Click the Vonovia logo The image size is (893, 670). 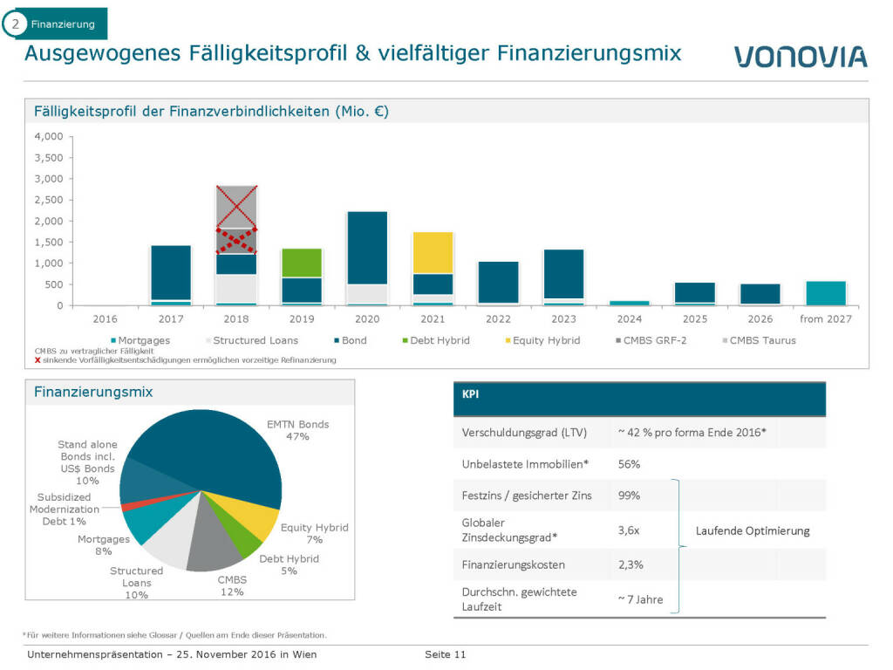click(x=800, y=57)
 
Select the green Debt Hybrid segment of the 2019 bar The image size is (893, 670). click(x=301, y=263)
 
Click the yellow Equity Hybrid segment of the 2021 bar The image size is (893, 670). click(x=433, y=252)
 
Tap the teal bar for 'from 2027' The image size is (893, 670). click(x=825, y=293)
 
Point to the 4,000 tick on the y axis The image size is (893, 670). click(x=49, y=137)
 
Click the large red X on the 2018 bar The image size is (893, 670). click(x=235, y=207)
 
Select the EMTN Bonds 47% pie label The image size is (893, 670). click(x=297, y=430)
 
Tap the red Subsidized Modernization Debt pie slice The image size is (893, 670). click(x=126, y=507)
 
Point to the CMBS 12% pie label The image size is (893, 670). click(x=231, y=585)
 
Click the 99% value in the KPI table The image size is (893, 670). click(x=628, y=495)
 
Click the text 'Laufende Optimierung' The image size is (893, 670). click(x=752, y=530)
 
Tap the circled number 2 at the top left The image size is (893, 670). click(x=15, y=24)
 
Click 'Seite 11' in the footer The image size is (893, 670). click(x=445, y=654)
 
